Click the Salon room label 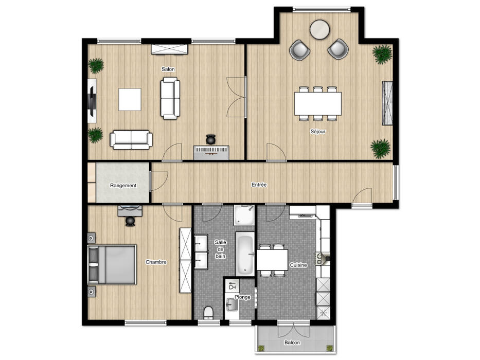pyautogui.click(x=168, y=69)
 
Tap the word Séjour pyautogui.click(x=318, y=132)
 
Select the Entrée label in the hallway pyautogui.click(x=259, y=185)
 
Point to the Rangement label pyautogui.click(x=123, y=186)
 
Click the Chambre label pyautogui.click(x=156, y=262)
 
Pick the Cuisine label pyautogui.click(x=298, y=265)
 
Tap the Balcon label pyautogui.click(x=292, y=343)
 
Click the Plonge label pyautogui.click(x=242, y=297)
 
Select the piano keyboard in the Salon pyautogui.click(x=211, y=152)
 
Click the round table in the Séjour pyautogui.click(x=319, y=30)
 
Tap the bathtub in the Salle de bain pyautogui.click(x=245, y=253)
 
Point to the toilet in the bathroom pyautogui.click(x=208, y=313)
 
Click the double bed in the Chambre pyautogui.click(x=112, y=264)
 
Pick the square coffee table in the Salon pyautogui.click(x=130, y=99)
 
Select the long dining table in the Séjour pyautogui.click(x=318, y=103)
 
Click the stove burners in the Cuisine pyautogui.click(x=319, y=258)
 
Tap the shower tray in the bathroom pyautogui.click(x=244, y=215)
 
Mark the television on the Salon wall pyautogui.click(x=92, y=101)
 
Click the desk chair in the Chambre pyautogui.click(x=130, y=221)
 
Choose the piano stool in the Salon pyautogui.click(x=210, y=139)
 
